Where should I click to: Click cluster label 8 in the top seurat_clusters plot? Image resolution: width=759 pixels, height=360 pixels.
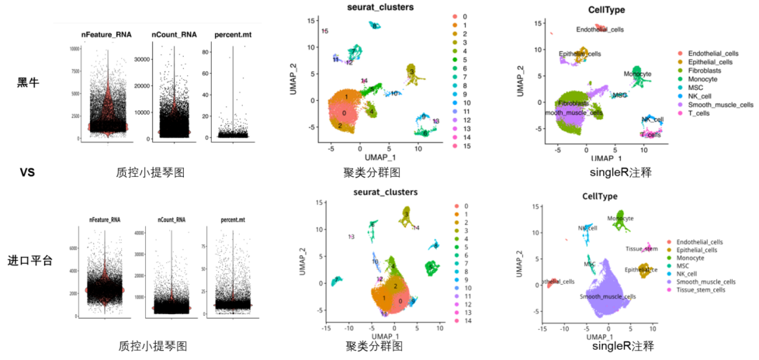click(425, 133)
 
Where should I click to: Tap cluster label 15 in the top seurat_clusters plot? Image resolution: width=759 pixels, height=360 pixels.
click(324, 31)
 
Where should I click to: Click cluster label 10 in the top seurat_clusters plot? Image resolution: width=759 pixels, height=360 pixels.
click(395, 93)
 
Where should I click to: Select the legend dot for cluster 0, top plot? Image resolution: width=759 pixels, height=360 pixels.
click(456, 15)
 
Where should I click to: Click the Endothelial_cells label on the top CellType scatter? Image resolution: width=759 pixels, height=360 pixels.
click(599, 29)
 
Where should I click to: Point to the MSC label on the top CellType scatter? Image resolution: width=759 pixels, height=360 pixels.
click(619, 95)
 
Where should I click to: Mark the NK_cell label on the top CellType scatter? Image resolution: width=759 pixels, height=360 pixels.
click(652, 119)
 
